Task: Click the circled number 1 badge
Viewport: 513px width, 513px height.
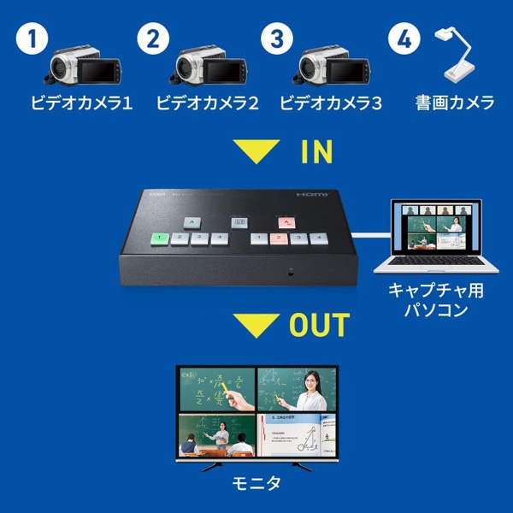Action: (32, 39)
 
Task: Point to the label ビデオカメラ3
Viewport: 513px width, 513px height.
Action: (331, 103)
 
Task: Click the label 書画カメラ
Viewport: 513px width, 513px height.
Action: (455, 103)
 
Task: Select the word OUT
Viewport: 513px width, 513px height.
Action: (318, 325)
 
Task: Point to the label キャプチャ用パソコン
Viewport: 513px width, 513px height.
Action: (435, 300)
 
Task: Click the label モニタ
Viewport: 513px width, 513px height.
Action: (256, 485)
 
